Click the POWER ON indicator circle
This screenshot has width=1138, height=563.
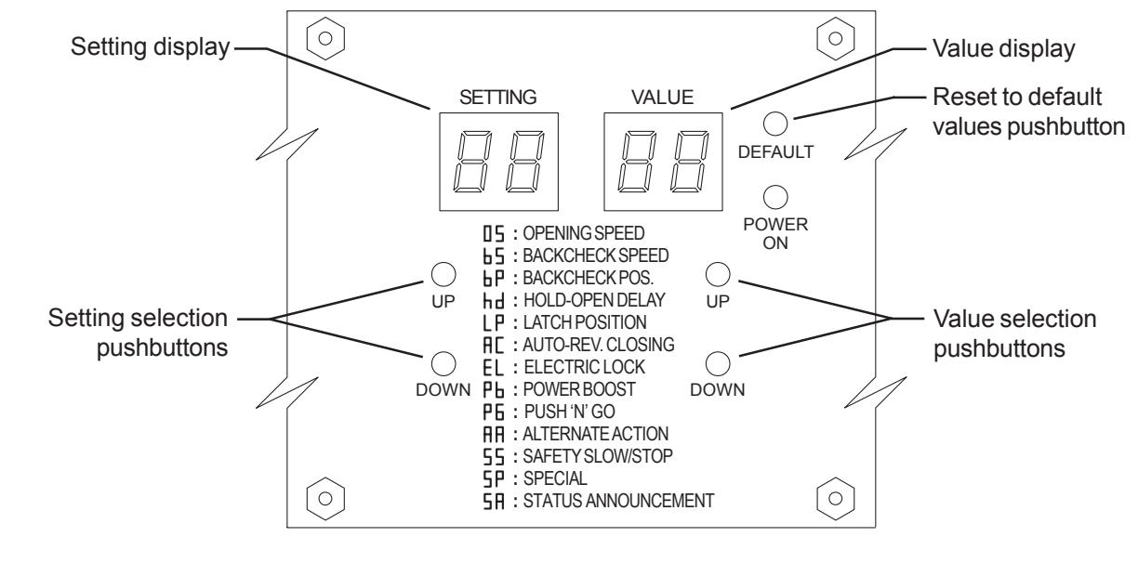775,197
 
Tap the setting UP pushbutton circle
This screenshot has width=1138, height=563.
443,274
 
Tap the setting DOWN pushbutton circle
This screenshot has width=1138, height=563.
443,363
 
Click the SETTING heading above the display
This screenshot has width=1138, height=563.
498,97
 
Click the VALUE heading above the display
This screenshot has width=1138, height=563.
663,97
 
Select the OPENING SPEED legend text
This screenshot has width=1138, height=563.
584,233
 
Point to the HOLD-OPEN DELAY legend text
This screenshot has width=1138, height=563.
594,300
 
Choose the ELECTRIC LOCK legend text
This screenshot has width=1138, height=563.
584,367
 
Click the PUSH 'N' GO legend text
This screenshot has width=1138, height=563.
570,412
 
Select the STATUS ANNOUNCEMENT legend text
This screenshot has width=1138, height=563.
618,501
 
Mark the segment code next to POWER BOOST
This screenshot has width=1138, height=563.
494,390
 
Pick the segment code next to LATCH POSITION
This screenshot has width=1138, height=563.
494,323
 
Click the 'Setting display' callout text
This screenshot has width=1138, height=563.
151,48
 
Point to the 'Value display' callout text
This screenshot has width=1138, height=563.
1004,48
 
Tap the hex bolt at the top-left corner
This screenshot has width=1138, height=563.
325,39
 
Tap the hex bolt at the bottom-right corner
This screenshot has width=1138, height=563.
836,499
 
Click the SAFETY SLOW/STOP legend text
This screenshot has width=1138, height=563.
598,456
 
